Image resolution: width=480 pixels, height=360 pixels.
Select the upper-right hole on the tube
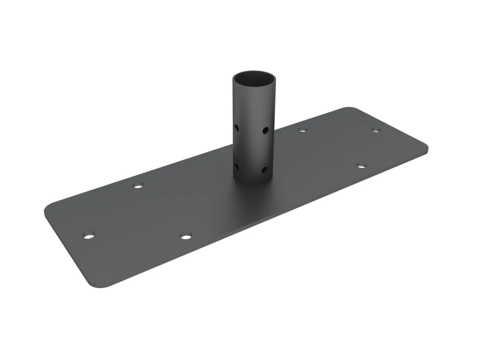265,130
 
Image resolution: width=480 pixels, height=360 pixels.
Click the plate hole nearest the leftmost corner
89,235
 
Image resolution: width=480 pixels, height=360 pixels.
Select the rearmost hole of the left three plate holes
138,186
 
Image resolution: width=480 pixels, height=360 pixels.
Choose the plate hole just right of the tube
302,129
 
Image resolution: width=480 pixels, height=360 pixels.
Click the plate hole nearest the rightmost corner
376,130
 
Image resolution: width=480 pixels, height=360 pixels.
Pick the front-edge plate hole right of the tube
361,165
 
